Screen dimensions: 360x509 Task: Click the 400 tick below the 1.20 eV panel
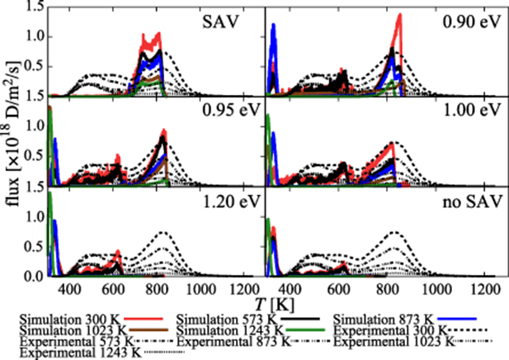click(x=71, y=290)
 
